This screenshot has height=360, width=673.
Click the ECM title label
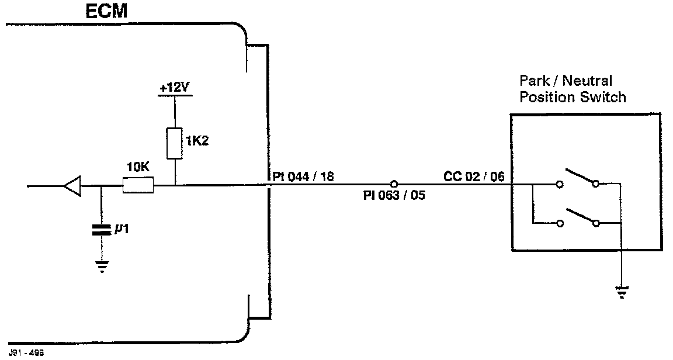coord(106,11)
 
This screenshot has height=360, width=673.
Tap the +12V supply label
coord(175,88)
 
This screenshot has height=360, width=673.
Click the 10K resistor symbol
coord(138,186)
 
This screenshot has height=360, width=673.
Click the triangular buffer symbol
coord(72,187)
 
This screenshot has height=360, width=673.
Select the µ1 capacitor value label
coord(122,230)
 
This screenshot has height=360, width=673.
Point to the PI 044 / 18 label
coord(303,176)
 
